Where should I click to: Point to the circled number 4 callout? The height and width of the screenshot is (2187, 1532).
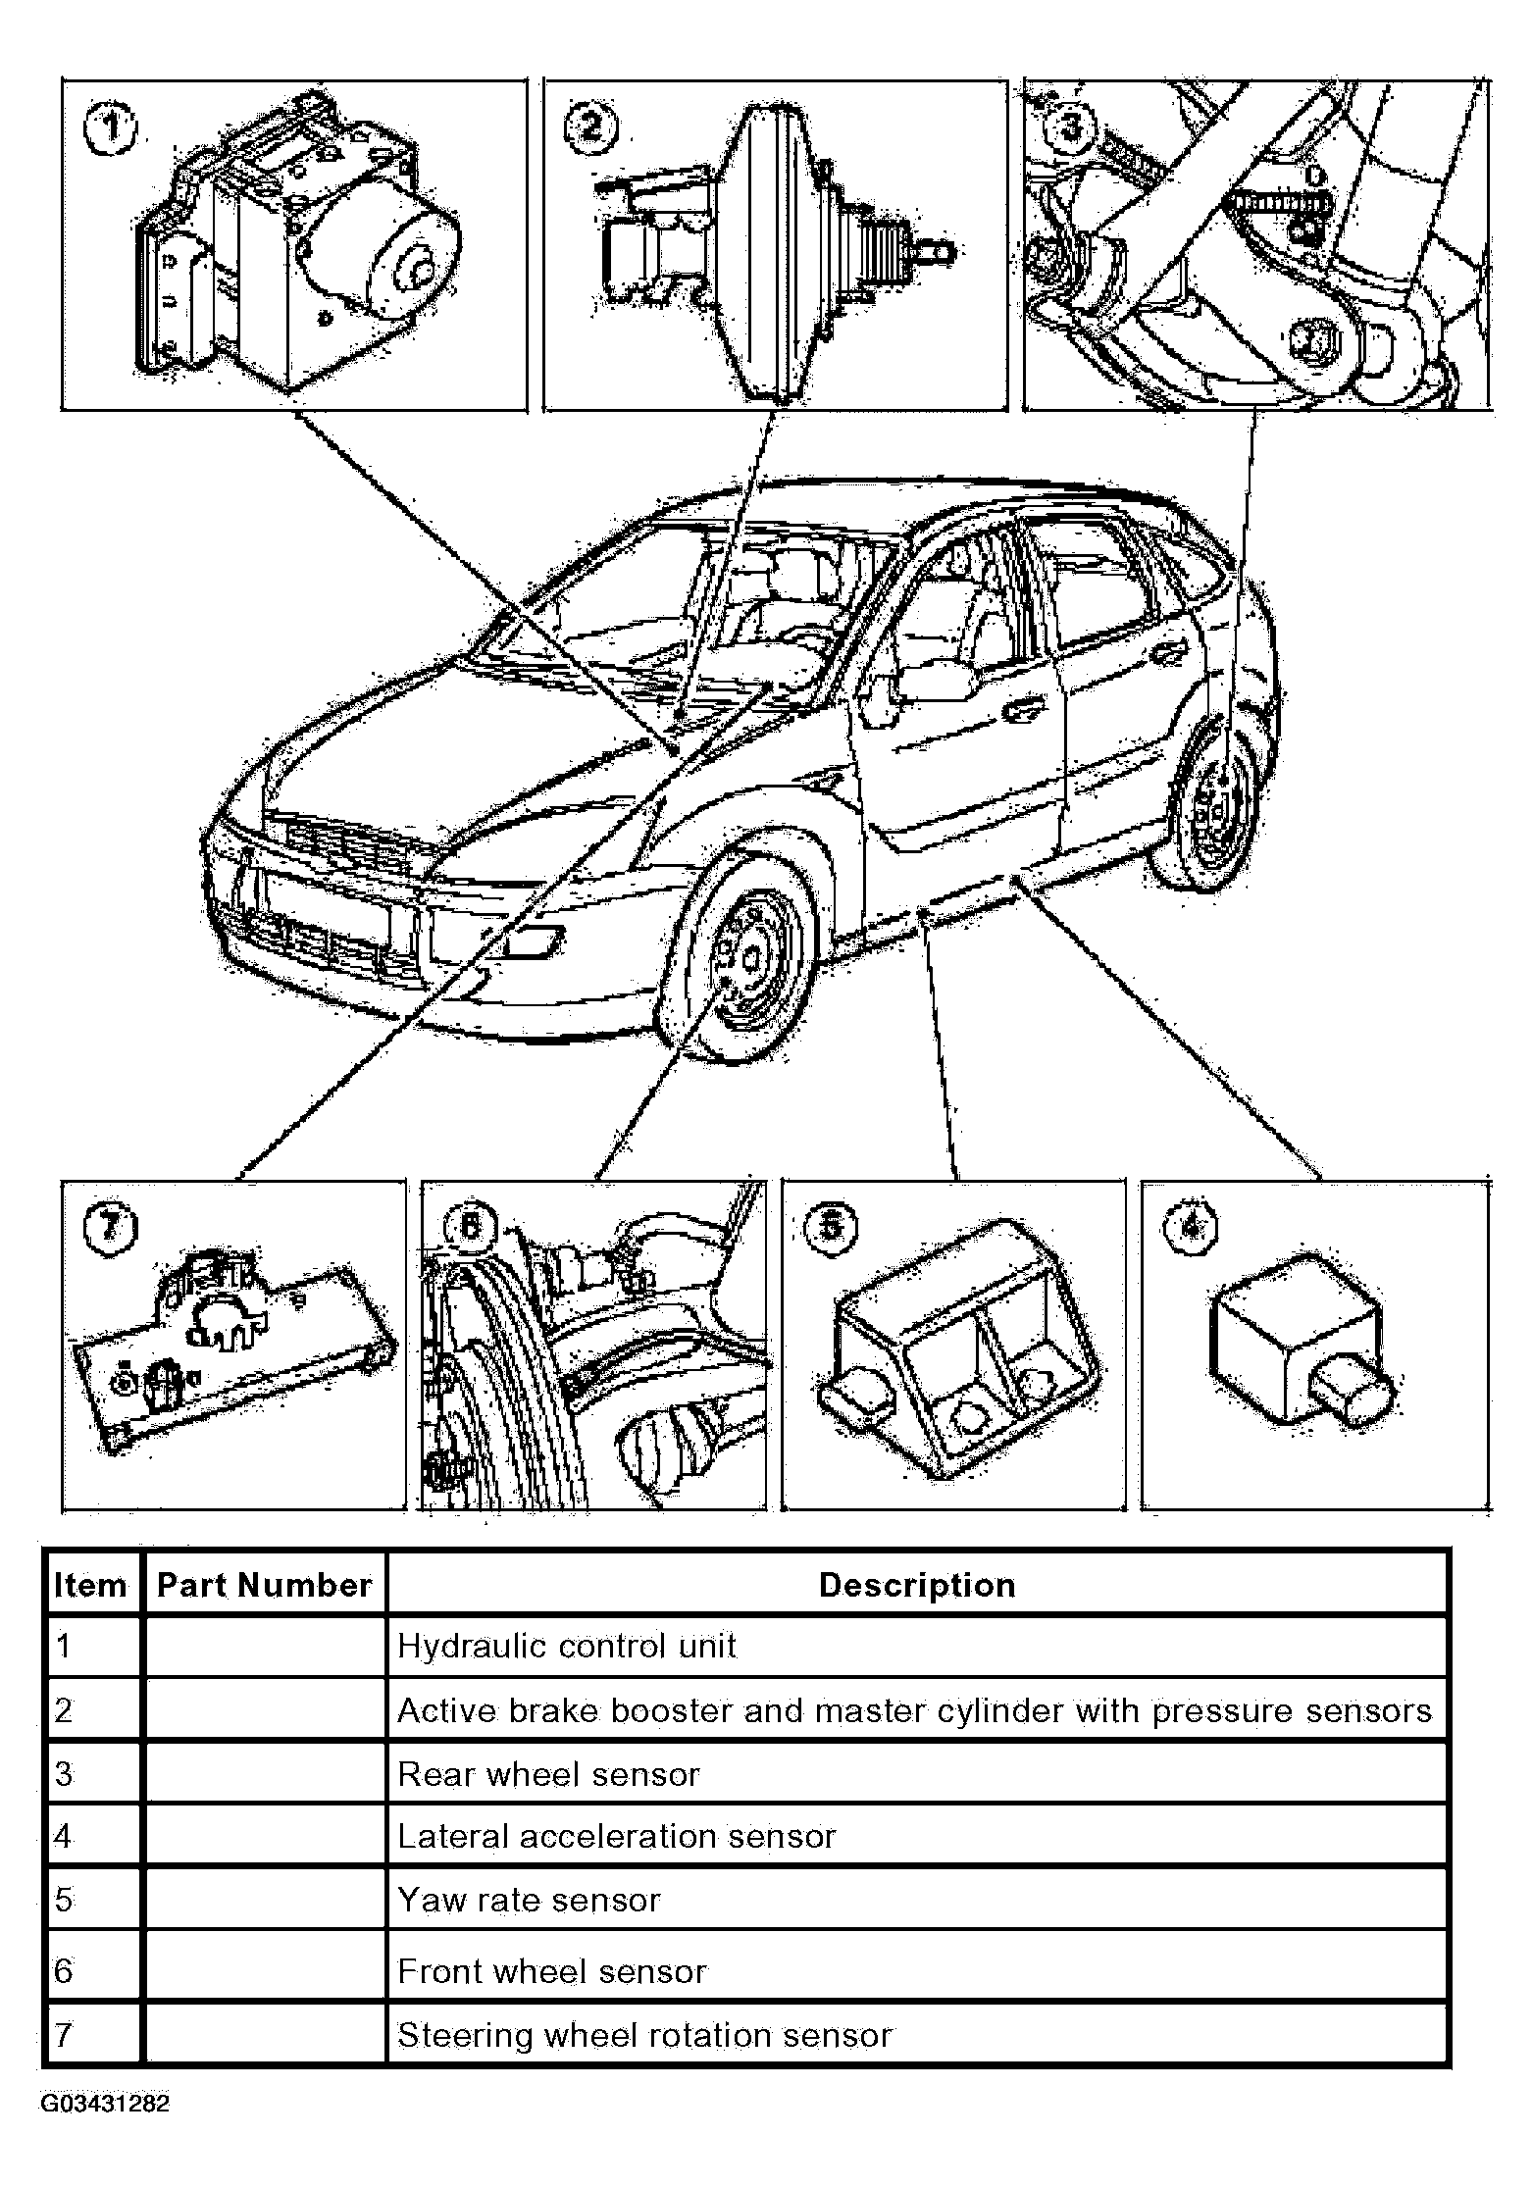point(1190,1226)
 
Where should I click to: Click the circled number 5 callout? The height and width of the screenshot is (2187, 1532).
point(830,1226)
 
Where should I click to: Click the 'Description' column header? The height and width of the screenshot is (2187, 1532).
point(917,1586)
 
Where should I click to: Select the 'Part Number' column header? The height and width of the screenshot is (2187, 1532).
point(264,1586)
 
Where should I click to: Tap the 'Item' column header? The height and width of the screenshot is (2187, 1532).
point(90,1586)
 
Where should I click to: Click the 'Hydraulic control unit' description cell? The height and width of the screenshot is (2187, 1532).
point(566,1647)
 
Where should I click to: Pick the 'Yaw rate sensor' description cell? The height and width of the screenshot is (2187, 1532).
point(529,1901)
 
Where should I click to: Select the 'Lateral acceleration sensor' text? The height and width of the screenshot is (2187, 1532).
point(616,1836)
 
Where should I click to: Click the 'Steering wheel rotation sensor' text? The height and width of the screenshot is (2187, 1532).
point(644,2035)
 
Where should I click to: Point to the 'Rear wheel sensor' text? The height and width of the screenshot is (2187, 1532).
point(548,1774)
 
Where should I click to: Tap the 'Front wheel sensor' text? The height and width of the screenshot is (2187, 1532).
point(551,1972)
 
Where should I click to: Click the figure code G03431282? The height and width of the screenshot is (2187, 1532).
point(105,2104)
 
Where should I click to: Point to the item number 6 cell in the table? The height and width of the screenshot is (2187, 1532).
point(65,1971)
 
